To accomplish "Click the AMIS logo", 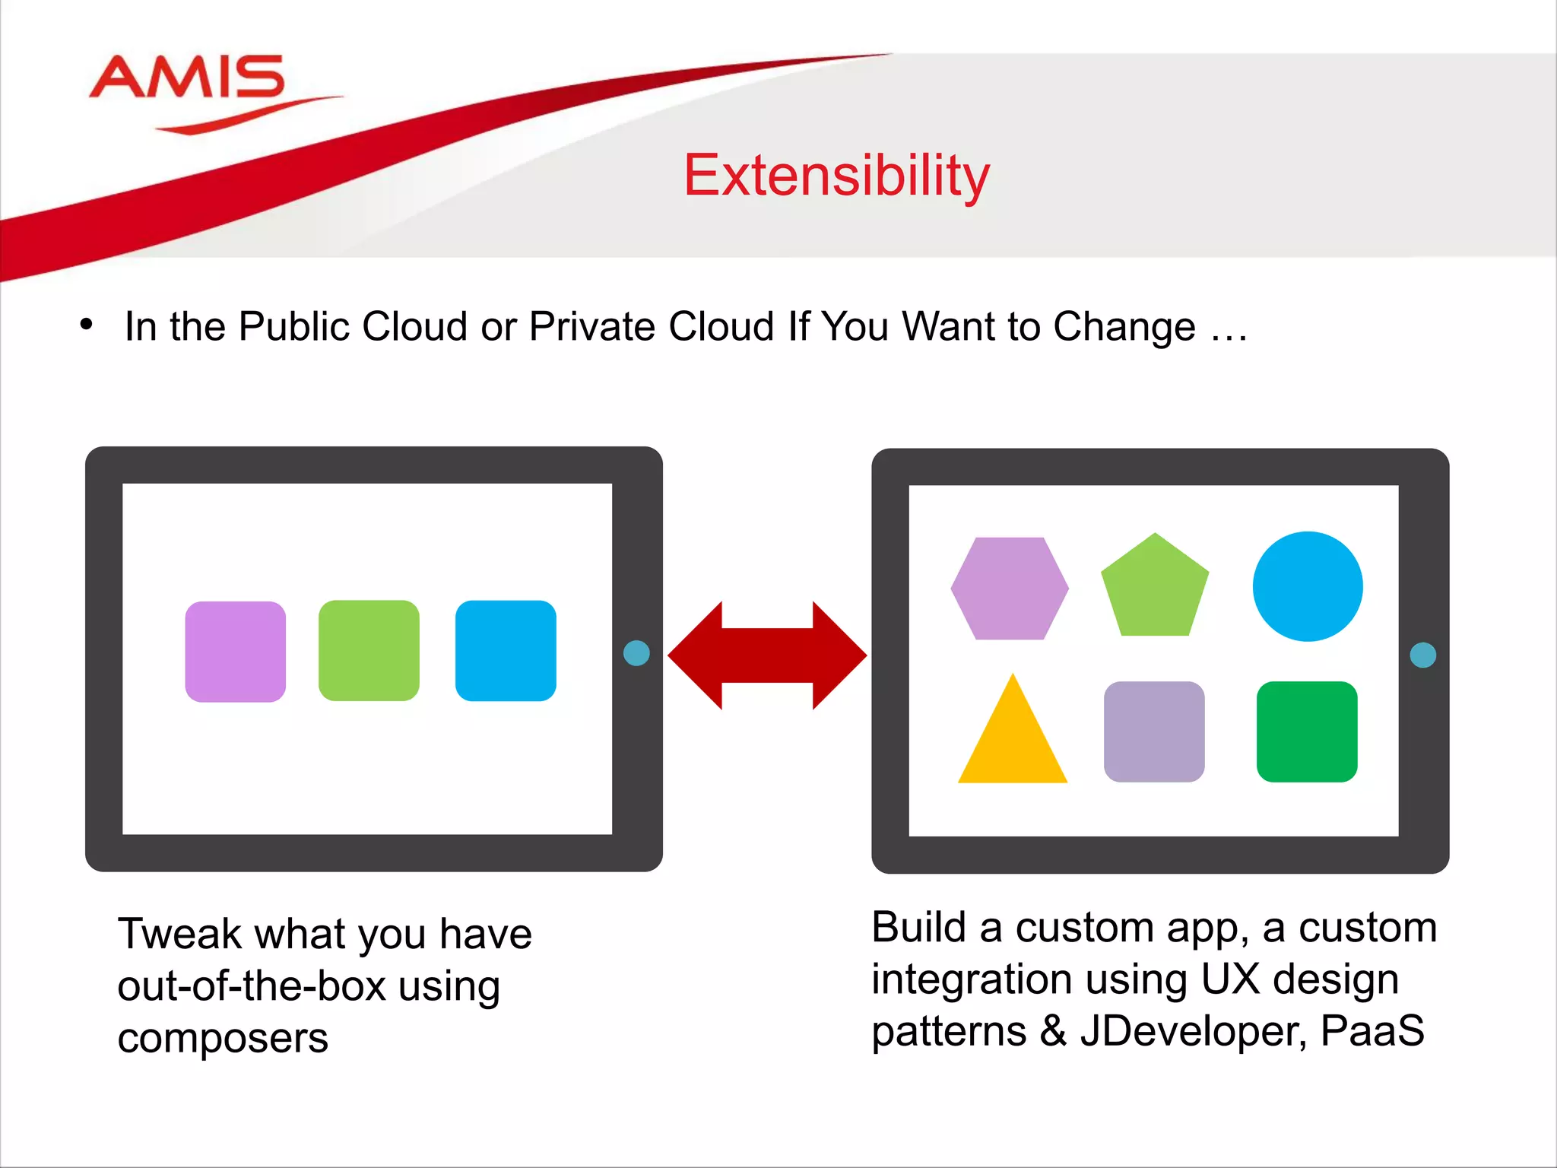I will (188, 78).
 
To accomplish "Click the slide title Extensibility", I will (836, 176).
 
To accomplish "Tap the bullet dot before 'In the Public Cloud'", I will (86, 325).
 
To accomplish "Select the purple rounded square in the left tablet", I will (236, 652).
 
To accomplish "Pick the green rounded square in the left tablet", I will (369, 651).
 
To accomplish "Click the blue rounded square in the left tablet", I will (506, 651).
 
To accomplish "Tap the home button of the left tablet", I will (636, 653).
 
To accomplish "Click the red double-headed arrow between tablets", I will (767, 655).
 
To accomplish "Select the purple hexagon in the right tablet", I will (1010, 589).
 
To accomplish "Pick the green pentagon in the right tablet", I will (1155, 590).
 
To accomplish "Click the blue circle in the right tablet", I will (1308, 586).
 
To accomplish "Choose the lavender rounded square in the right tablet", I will (1154, 732).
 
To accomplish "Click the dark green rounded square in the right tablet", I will (1307, 732).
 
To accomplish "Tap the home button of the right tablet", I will (1423, 655).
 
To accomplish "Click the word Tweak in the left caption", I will (179, 935).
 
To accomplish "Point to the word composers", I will (223, 1039).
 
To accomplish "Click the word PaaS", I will (1372, 1032).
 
